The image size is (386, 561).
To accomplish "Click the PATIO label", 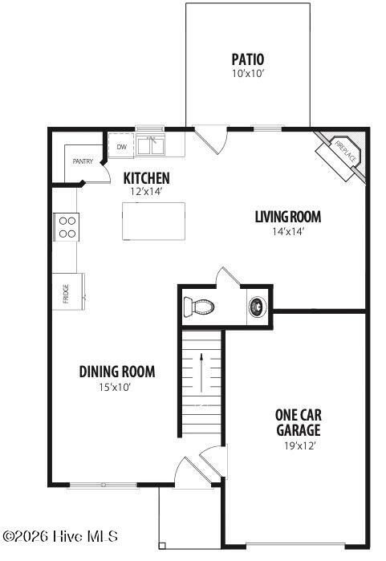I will pos(248,59).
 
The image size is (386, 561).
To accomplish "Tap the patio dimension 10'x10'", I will pos(248,73).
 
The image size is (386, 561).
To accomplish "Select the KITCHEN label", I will pos(146,177).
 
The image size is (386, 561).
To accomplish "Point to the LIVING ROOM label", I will pos(288,217).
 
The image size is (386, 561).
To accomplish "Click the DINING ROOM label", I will pos(117,372).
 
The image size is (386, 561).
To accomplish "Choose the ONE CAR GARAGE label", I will pos(299,422).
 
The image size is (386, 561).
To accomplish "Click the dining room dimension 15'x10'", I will pos(115,387).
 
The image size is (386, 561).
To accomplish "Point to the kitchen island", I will pos(153,221).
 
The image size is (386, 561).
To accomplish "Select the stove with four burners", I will pos(66,226).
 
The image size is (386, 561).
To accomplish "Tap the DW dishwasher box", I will pos(122,147).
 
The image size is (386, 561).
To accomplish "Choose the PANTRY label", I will pos(83,161).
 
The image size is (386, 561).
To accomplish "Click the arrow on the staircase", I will pos(200,370).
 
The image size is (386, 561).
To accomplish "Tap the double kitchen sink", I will pos(150,145).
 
